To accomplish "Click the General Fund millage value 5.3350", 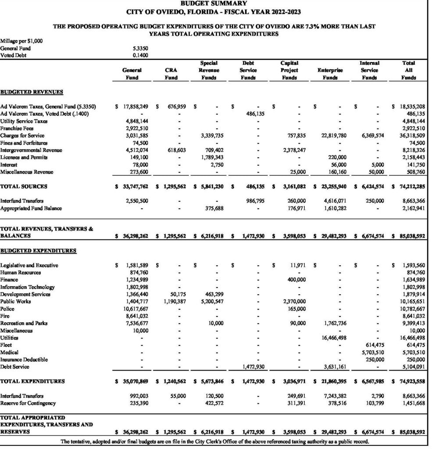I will [140, 49].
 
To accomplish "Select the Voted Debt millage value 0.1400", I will [140, 56].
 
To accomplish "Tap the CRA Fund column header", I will [171, 74].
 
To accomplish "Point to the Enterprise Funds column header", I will [330, 74].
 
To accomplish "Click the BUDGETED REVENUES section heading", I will [32, 92].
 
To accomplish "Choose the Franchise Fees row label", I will [17, 128].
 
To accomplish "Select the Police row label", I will [7, 309].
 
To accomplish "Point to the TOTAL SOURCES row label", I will [24, 186].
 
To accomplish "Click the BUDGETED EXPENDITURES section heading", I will [38, 251].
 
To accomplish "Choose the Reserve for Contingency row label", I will [31, 403].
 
